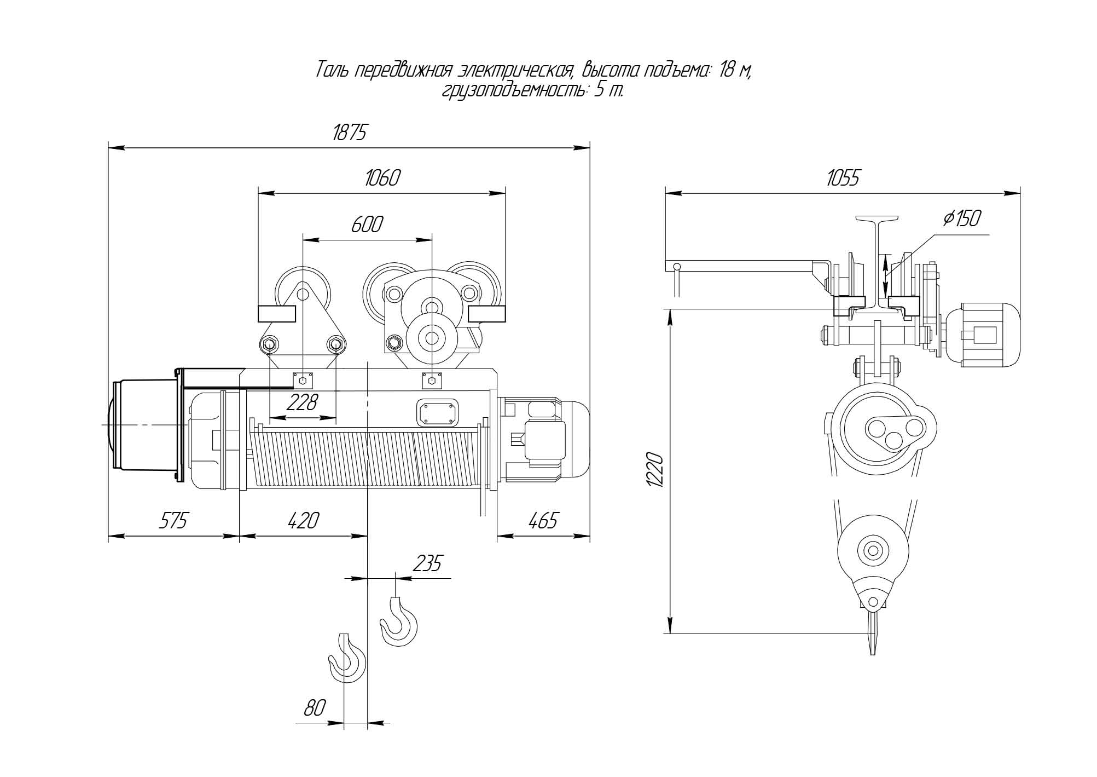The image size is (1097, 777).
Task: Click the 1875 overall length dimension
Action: pyautogui.click(x=349, y=133)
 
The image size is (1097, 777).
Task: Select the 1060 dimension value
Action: pyautogui.click(x=382, y=178)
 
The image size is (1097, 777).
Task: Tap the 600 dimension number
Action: pyautogui.click(x=366, y=225)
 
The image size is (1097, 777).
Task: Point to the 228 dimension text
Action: pyautogui.click(x=301, y=403)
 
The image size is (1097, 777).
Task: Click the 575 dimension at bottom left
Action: pyautogui.click(x=173, y=520)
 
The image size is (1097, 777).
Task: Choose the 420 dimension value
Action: pyautogui.click(x=303, y=520)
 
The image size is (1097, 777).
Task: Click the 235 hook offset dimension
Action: pyautogui.click(x=427, y=563)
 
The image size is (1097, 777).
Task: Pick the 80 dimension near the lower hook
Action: pyautogui.click(x=315, y=708)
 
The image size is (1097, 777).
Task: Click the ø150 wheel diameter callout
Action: pyautogui.click(x=962, y=218)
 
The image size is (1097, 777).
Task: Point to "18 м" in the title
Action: pyautogui.click(x=734, y=71)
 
